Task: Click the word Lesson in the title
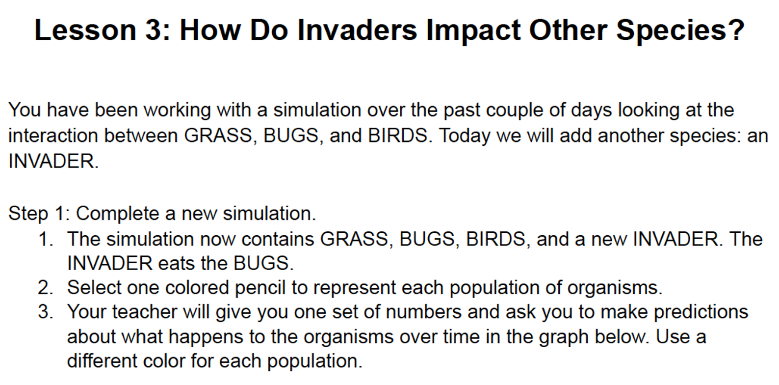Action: (85, 30)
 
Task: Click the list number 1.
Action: (46, 240)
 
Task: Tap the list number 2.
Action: (46, 288)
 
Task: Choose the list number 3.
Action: (46, 312)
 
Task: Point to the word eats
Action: (177, 264)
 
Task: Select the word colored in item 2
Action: (197, 288)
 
